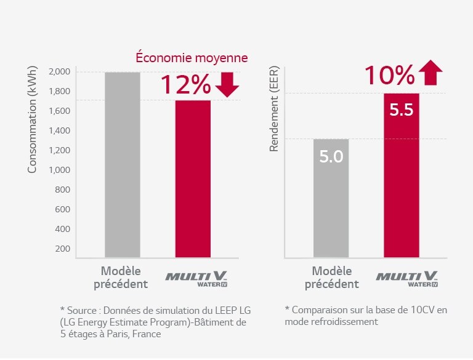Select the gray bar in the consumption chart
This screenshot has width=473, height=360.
(122, 164)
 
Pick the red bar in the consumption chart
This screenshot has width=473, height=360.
(193, 178)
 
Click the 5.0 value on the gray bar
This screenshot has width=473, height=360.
(331, 156)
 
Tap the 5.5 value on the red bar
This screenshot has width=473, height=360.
(401, 111)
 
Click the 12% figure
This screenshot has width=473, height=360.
(185, 86)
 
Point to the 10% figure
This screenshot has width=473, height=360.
(389, 76)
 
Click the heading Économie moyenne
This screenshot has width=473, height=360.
(192, 58)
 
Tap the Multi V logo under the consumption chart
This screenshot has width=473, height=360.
(193, 278)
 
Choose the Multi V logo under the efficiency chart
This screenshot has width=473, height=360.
(407, 278)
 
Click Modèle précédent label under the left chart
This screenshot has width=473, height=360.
(121, 277)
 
